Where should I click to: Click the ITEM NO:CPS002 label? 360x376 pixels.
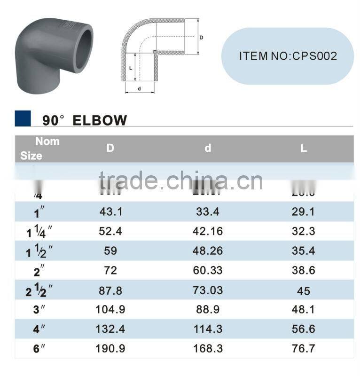[x=288, y=56]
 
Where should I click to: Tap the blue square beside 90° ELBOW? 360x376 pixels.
[x=23, y=119]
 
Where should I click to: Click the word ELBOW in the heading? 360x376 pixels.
[x=100, y=120]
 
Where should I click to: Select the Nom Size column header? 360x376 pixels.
[x=39, y=149]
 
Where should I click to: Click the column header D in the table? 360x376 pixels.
[x=110, y=148]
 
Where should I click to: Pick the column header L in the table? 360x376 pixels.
[x=304, y=148]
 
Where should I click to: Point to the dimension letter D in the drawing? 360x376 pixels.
[x=202, y=37]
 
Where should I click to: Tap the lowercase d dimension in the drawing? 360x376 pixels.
[x=139, y=88]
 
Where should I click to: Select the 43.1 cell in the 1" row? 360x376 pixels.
[x=111, y=212]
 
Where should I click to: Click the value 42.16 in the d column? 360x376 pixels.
[x=208, y=232]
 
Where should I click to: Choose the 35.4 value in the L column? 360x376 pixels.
[x=304, y=251]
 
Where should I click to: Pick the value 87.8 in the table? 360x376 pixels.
[x=111, y=290]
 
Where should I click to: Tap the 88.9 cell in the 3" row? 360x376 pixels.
[x=208, y=310]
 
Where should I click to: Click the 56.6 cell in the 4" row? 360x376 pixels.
[x=304, y=329]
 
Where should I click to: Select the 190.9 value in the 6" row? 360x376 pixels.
[x=111, y=349]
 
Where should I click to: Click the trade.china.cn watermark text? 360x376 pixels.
[x=181, y=181]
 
